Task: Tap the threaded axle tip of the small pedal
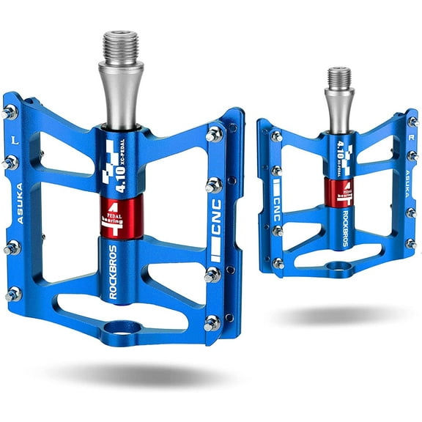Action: (x=338, y=76)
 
